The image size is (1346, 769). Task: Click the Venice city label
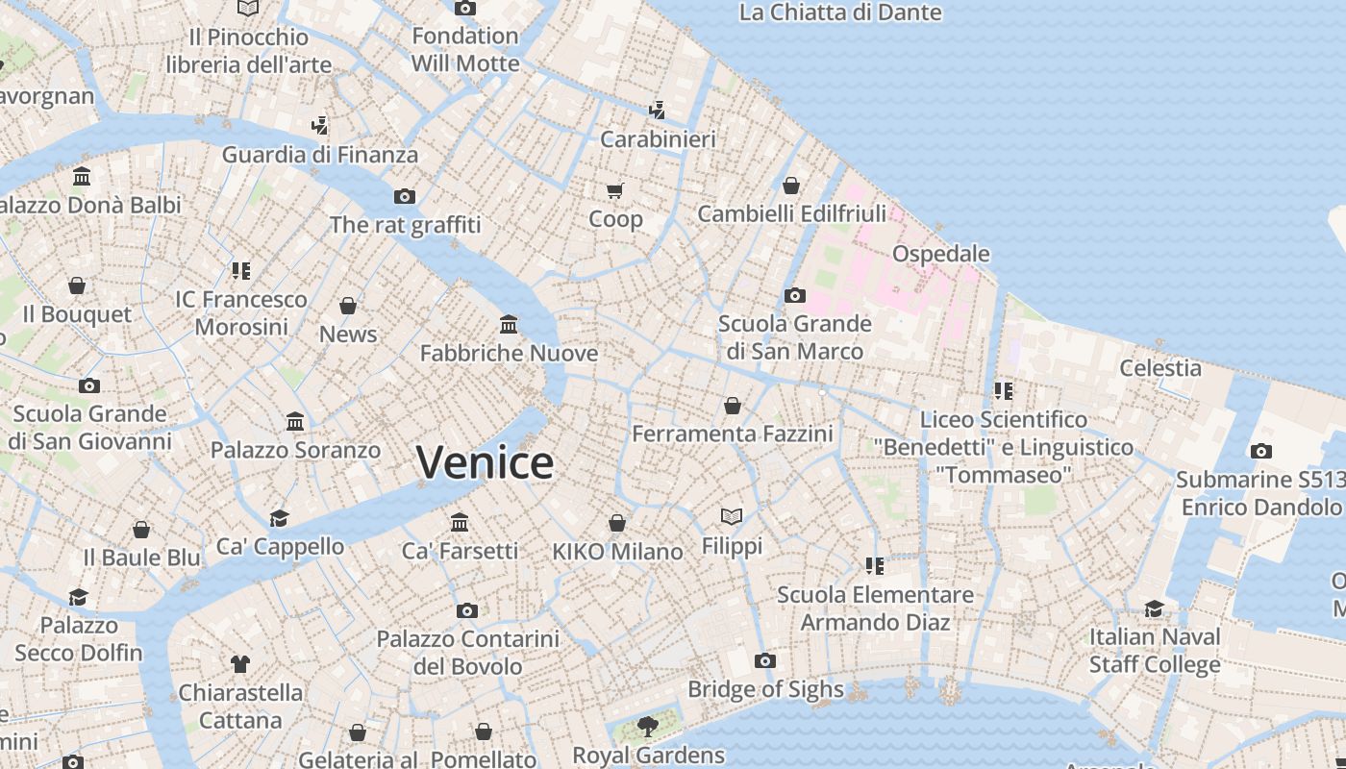[x=485, y=462]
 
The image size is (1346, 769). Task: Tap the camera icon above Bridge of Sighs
[x=765, y=660]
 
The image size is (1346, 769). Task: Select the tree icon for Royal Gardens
[x=648, y=726]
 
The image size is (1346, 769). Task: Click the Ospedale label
[x=940, y=254]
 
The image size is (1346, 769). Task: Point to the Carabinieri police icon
[x=658, y=111]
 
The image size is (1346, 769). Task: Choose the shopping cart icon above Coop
[x=615, y=189]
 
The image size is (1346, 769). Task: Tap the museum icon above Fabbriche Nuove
[x=509, y=324]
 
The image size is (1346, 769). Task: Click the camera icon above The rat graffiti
[x=405, y=196]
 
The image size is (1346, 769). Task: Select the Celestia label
[x=1160, y=368]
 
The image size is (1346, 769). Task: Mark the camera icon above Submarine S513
[x=1260, y=451]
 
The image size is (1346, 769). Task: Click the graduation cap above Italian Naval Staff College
[x=1154, y=608]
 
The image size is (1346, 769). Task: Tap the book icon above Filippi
[x=732, y=517]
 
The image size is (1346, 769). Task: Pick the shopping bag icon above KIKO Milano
[x=617, y=523]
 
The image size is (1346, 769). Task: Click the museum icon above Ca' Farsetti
[x=460, y=522]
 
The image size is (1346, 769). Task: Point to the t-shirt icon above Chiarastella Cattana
[x=240, y=663]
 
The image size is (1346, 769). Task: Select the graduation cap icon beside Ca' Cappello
[x=279, y=518]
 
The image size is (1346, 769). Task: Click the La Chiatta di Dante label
[x=839, y=12]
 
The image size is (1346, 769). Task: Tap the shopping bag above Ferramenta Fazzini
[x=733, y=406]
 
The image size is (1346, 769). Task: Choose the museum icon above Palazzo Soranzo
[x=295, y=421]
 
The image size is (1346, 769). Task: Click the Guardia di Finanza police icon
[x=320, y=126]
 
